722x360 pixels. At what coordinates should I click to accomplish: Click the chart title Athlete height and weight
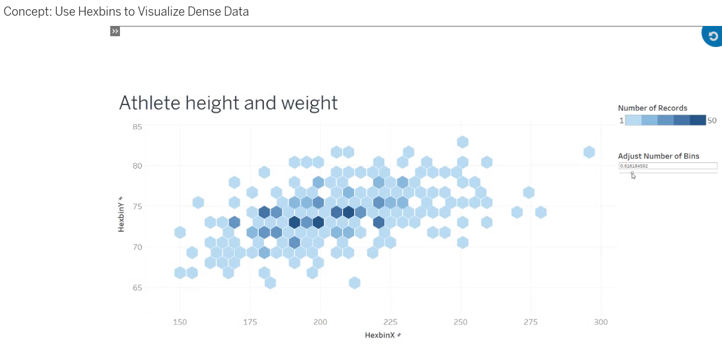228,103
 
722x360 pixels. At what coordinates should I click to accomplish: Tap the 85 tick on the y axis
137,127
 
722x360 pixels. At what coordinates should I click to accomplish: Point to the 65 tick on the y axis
137,288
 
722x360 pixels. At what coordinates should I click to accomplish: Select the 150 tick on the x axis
179,322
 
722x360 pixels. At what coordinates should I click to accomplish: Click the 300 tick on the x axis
600,322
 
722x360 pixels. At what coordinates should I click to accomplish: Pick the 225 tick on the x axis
390,322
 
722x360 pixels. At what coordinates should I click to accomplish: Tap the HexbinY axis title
121,217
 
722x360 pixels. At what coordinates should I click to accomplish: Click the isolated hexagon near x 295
589,152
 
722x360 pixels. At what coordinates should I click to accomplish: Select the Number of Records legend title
652,108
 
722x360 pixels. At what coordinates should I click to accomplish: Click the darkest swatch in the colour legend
698,121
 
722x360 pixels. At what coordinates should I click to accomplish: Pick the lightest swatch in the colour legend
633,121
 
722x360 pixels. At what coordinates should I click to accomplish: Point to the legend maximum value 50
712,121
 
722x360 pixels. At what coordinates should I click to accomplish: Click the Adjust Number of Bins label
658,156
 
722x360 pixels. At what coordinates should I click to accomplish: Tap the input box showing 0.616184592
668,166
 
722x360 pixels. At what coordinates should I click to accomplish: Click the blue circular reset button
712,36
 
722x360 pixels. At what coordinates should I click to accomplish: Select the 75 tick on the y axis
137,206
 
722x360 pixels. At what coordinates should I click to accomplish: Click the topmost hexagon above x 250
462,142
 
